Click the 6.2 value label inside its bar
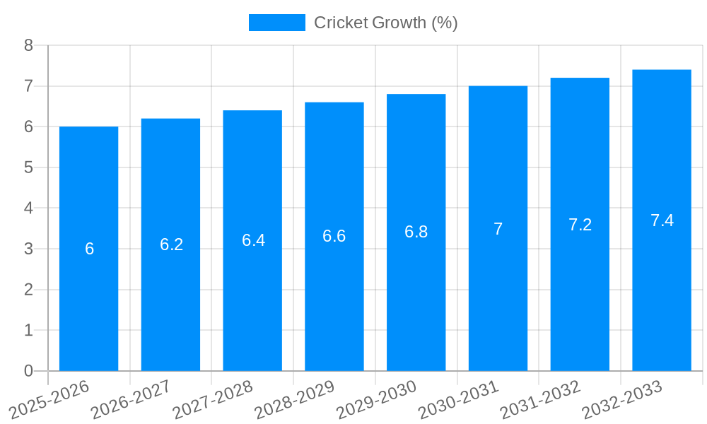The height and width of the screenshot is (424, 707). [171, 245]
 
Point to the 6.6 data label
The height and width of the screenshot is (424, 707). [334, 236]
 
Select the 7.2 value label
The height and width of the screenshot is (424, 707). [580, 225]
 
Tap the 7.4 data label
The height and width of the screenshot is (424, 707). [662, 220]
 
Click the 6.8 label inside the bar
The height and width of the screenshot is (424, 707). [416, 232]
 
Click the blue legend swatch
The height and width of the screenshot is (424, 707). [276, 23]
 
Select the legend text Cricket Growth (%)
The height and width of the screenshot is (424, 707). [385, 23]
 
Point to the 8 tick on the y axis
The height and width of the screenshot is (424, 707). [28, 45]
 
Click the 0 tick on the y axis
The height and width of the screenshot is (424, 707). [28, 371]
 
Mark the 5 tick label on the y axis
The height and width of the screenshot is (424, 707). [28, 167]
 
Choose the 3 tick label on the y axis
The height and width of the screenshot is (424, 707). [28, 249]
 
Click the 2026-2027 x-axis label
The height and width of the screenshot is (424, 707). [131, 399]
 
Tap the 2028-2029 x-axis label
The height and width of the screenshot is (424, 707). [294, 399]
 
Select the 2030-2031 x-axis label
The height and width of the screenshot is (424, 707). [458, 399]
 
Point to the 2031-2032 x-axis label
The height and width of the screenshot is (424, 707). [540, 399]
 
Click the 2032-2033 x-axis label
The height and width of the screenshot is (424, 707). [622, 399]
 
